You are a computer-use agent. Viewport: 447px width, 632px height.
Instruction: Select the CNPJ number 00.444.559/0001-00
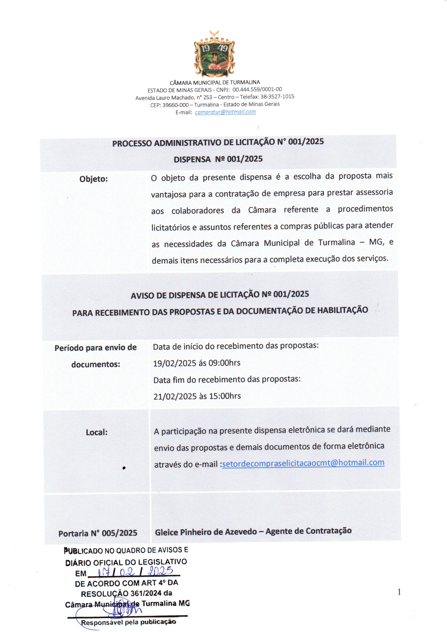[x=257, y=89]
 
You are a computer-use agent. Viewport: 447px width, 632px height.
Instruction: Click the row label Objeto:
[x=94, y=179]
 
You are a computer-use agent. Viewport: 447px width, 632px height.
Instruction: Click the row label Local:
[x=97, y=432]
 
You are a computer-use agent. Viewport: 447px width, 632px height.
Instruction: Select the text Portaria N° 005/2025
[x=98, y=533]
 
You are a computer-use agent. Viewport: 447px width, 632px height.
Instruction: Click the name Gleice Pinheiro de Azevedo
[x=206, y=532]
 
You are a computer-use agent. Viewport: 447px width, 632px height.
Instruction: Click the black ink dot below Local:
[x=124, y=468]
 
